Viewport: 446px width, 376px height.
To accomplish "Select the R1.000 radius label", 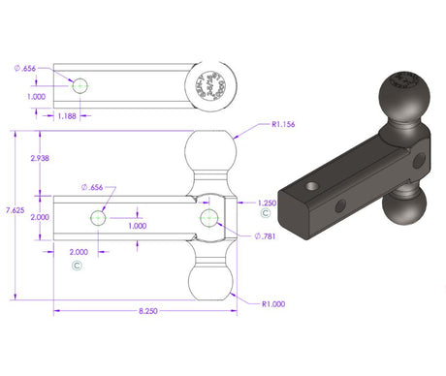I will pyautogui.click(x=275, y=304).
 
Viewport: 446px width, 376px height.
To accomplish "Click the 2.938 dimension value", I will pyautogui.click(x=41, y=157).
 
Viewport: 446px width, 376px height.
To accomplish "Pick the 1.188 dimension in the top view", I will pyautogui.click(x=67, y=116).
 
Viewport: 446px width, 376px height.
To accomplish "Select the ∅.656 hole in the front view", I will pyautogui.click(x=98, y=218).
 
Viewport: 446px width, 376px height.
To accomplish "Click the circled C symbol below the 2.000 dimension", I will pyautogui.click(x=76, y=264).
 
